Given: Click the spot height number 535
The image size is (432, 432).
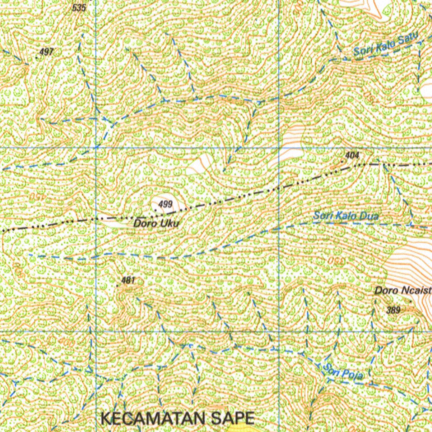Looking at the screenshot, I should coord(79,8).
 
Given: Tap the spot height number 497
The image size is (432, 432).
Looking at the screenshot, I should coord(46,52).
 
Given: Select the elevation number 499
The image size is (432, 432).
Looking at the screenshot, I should coord(166,205).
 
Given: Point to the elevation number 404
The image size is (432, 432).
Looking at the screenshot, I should coord(352,155).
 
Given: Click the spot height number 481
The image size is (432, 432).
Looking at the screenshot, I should coord(127,280).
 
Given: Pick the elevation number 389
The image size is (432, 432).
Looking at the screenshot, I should coord(393,310).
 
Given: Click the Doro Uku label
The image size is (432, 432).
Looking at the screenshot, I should coord(156,223).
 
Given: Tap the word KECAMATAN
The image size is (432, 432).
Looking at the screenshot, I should coord(154,418).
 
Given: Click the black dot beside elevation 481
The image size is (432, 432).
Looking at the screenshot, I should coord(117,286).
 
